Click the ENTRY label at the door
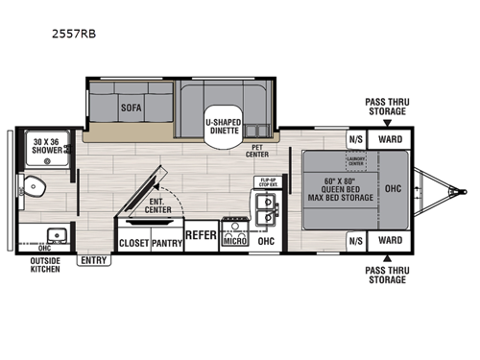94,260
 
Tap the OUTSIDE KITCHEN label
44,264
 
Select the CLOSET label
132,243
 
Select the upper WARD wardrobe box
390,137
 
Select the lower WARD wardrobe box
390,240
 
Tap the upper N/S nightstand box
355,137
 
